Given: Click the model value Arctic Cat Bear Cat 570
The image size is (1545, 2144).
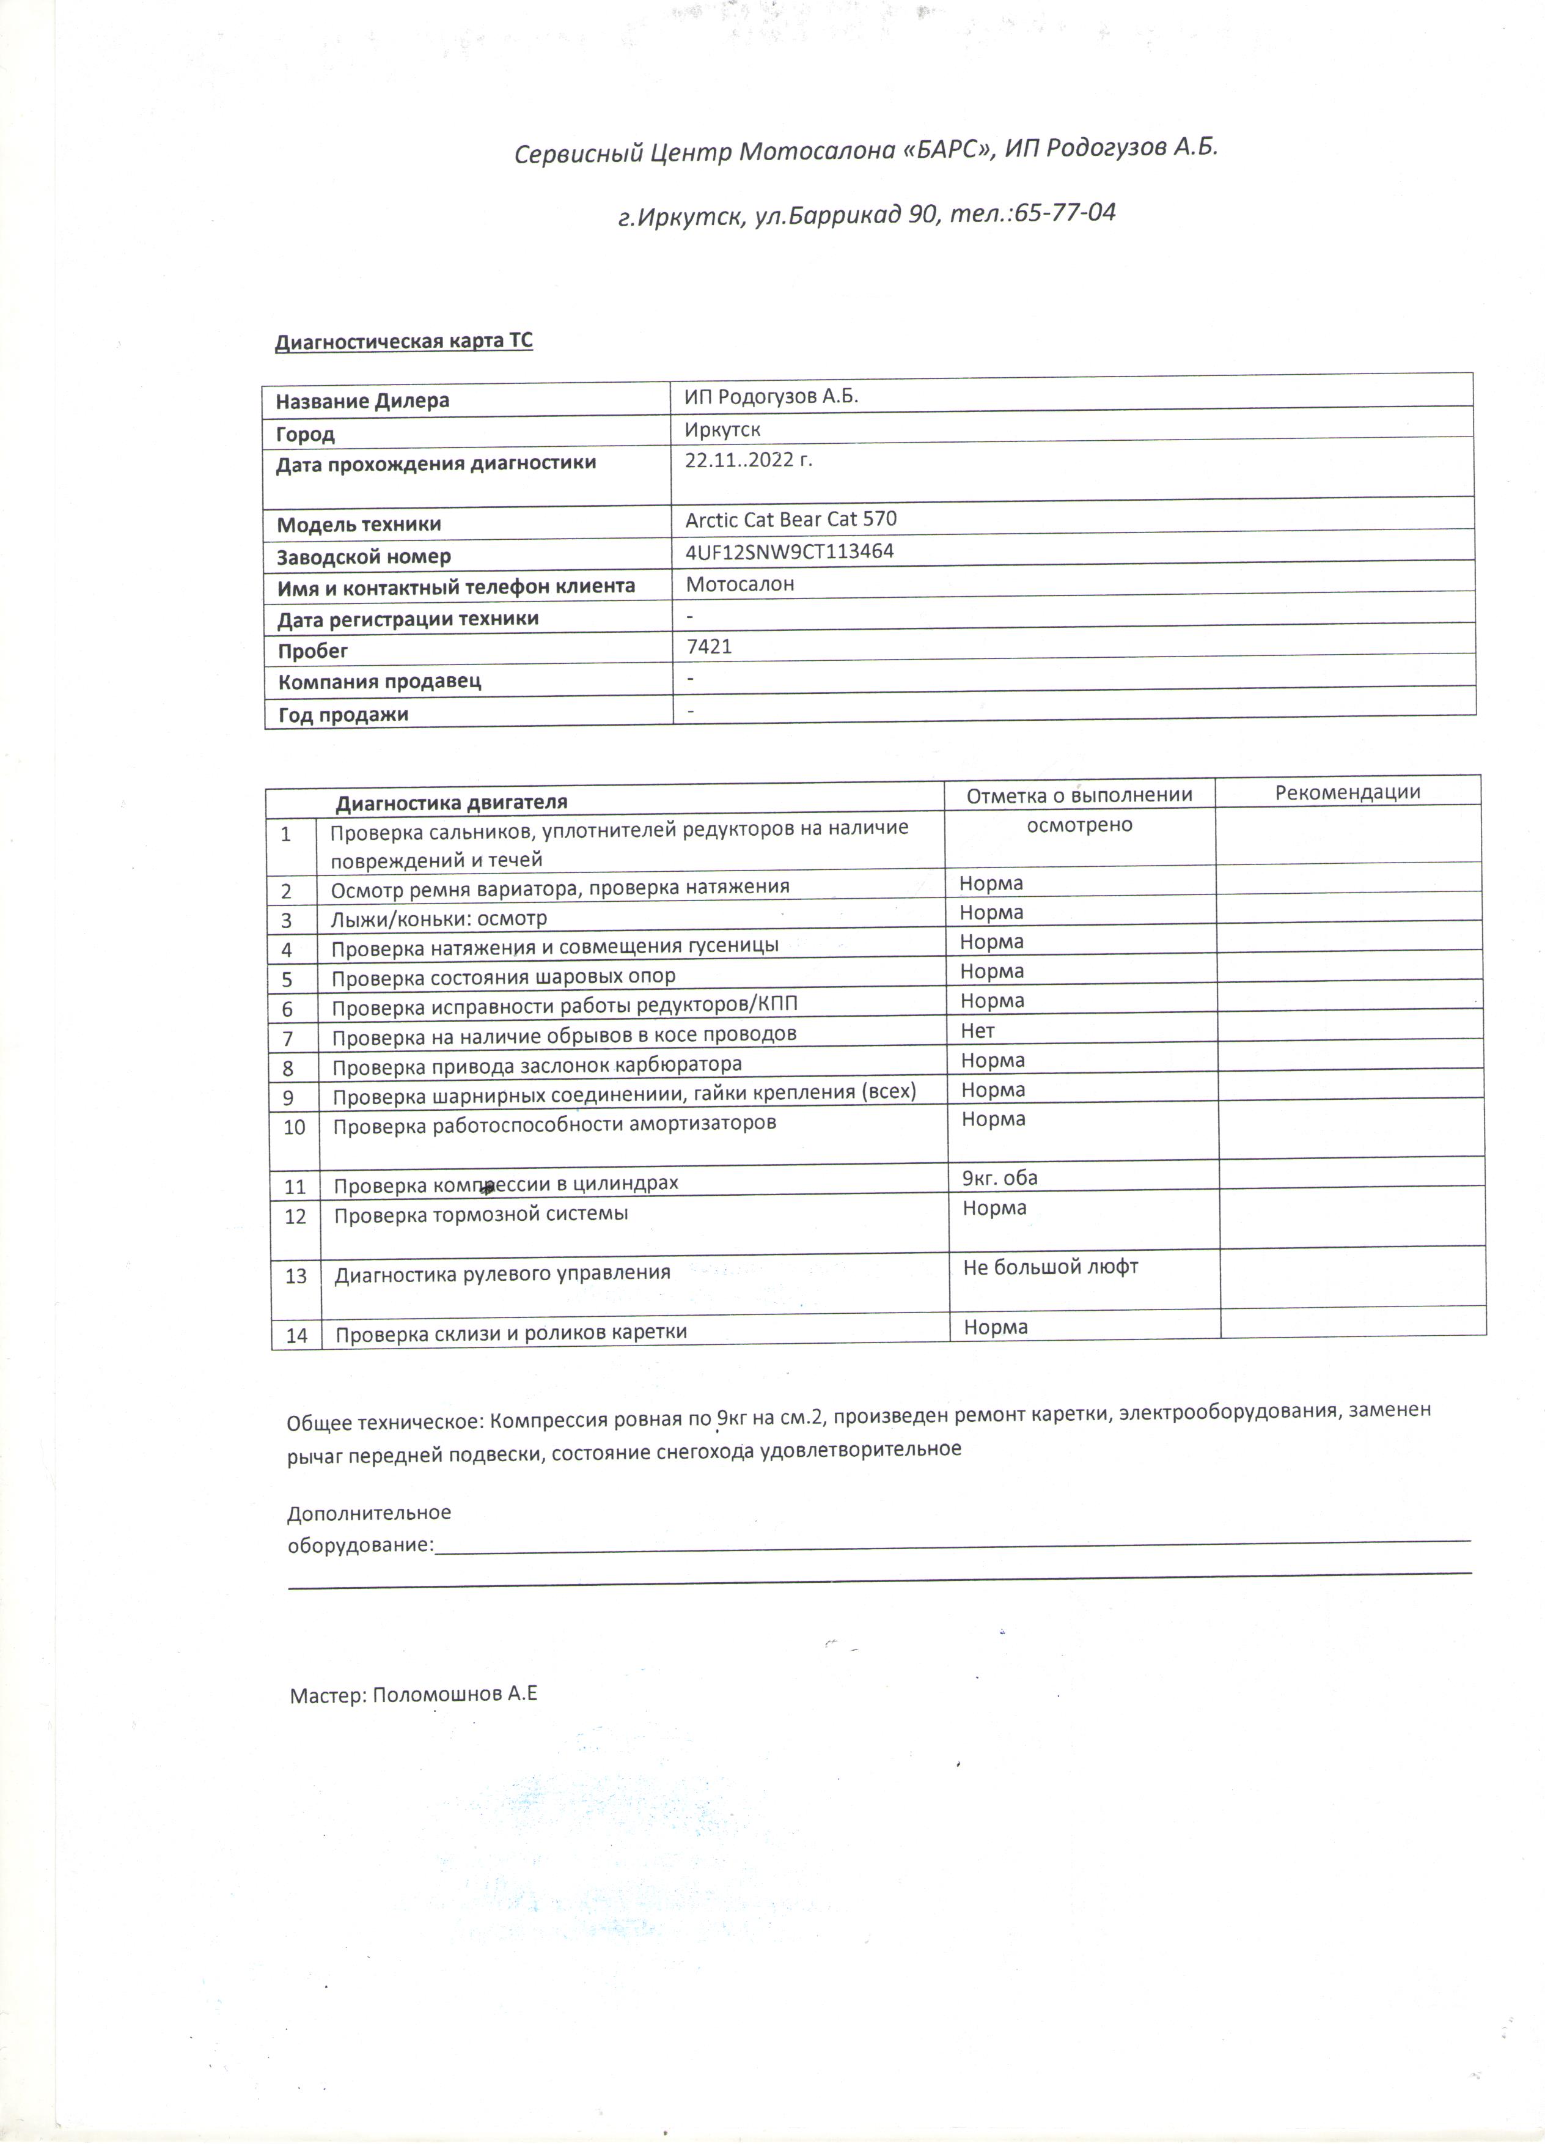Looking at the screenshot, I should (791, 519).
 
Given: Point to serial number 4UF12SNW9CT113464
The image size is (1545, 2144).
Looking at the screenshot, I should (789, 551).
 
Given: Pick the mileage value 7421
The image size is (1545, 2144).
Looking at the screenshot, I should (709, 647).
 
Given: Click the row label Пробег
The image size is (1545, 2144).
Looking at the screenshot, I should (313, 651).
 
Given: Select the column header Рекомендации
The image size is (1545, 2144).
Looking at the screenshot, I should (1348, 792).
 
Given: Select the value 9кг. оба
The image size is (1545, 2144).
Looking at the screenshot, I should (1000, 1178).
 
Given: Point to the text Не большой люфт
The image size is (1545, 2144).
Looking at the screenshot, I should (1051, 1267).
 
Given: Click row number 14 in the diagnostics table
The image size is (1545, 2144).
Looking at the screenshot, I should (296, 1336).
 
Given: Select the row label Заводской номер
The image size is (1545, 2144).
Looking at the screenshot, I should (364, 557).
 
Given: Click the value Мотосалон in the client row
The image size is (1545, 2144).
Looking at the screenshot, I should (740, 584).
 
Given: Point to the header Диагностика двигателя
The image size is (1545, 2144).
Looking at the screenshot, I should (452, 803).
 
